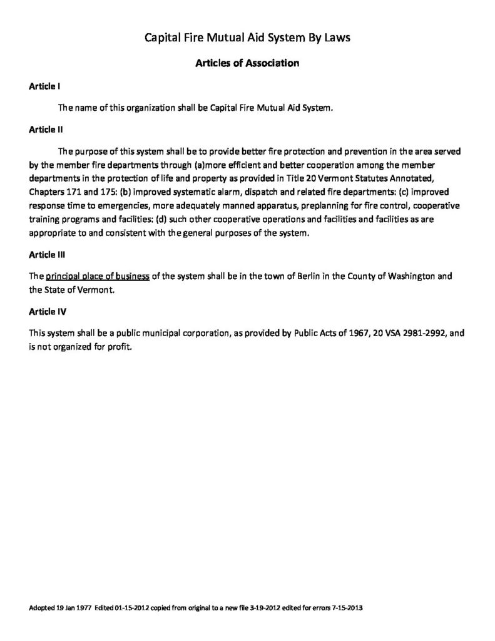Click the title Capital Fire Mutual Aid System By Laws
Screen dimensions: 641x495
[x=247, y=38]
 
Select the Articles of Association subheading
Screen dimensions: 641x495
[x=247, y=63]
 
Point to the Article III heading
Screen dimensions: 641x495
[x=46, y=255]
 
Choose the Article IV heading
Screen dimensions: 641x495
[x=46, y=311]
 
